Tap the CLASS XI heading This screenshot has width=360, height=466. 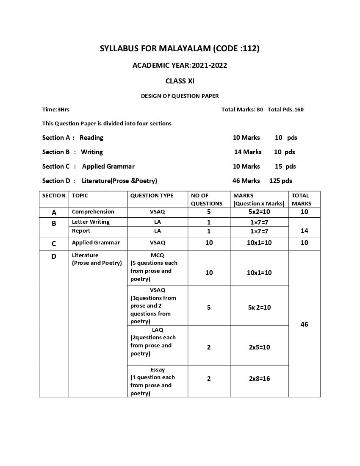(180, 81)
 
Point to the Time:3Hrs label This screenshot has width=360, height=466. (56, 109)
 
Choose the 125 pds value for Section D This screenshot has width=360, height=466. (280, 180)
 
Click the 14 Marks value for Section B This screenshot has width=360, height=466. (248, 152)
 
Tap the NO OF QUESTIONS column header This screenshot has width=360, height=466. (206, 199)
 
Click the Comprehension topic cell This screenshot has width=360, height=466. (93, 211)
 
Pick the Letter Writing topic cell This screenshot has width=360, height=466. (91, 222)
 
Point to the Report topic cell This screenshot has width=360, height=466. (81, 230)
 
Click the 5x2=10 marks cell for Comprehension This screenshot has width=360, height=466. (259, 212)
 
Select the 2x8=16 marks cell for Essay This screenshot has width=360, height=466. (259, 378)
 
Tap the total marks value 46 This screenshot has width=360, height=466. (304, 324)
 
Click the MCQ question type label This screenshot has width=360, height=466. (157, 255)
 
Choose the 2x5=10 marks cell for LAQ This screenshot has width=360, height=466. (259, 347)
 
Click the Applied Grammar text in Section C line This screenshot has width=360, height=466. (108, 166)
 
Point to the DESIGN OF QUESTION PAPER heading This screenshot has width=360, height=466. (180, 96)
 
